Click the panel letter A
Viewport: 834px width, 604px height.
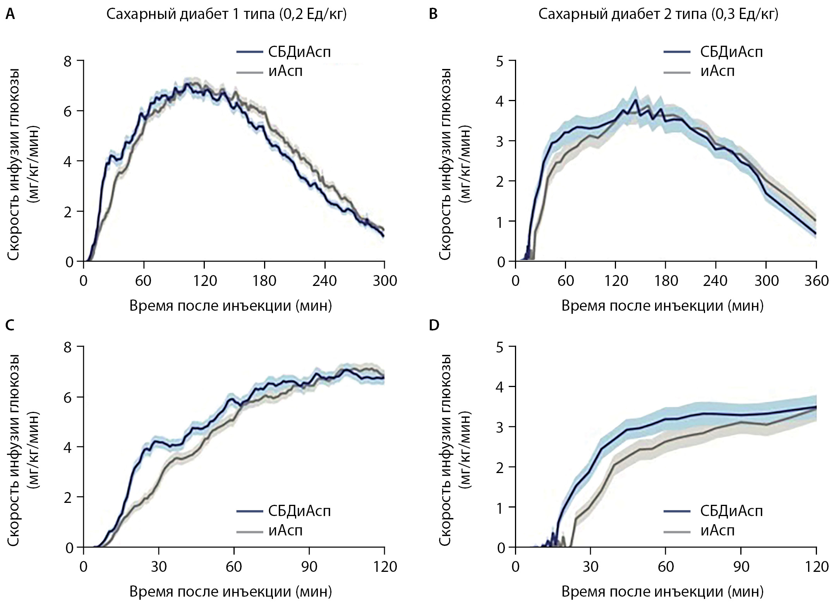pyautogui.click(x=11, y=14)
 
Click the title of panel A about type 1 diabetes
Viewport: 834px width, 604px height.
pyautogui.click(x=227, y=14)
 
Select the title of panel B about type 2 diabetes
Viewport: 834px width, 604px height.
pyautogui.click(x=658, y=14)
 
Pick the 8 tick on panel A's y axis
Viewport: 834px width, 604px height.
pyautogui.click(x=69, y=61)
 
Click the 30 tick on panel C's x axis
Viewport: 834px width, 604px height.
pyautogui.click(x=159, y=566)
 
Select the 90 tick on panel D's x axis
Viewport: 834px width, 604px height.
pyautogui.click(x=741, y=566)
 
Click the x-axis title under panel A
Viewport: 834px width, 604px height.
pyautogui.click(x=230, y=306)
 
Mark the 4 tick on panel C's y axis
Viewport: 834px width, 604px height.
pyautogui.click(x=69, y=447)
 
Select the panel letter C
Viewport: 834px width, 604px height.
pyautogui.click(x=11, y=325)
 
